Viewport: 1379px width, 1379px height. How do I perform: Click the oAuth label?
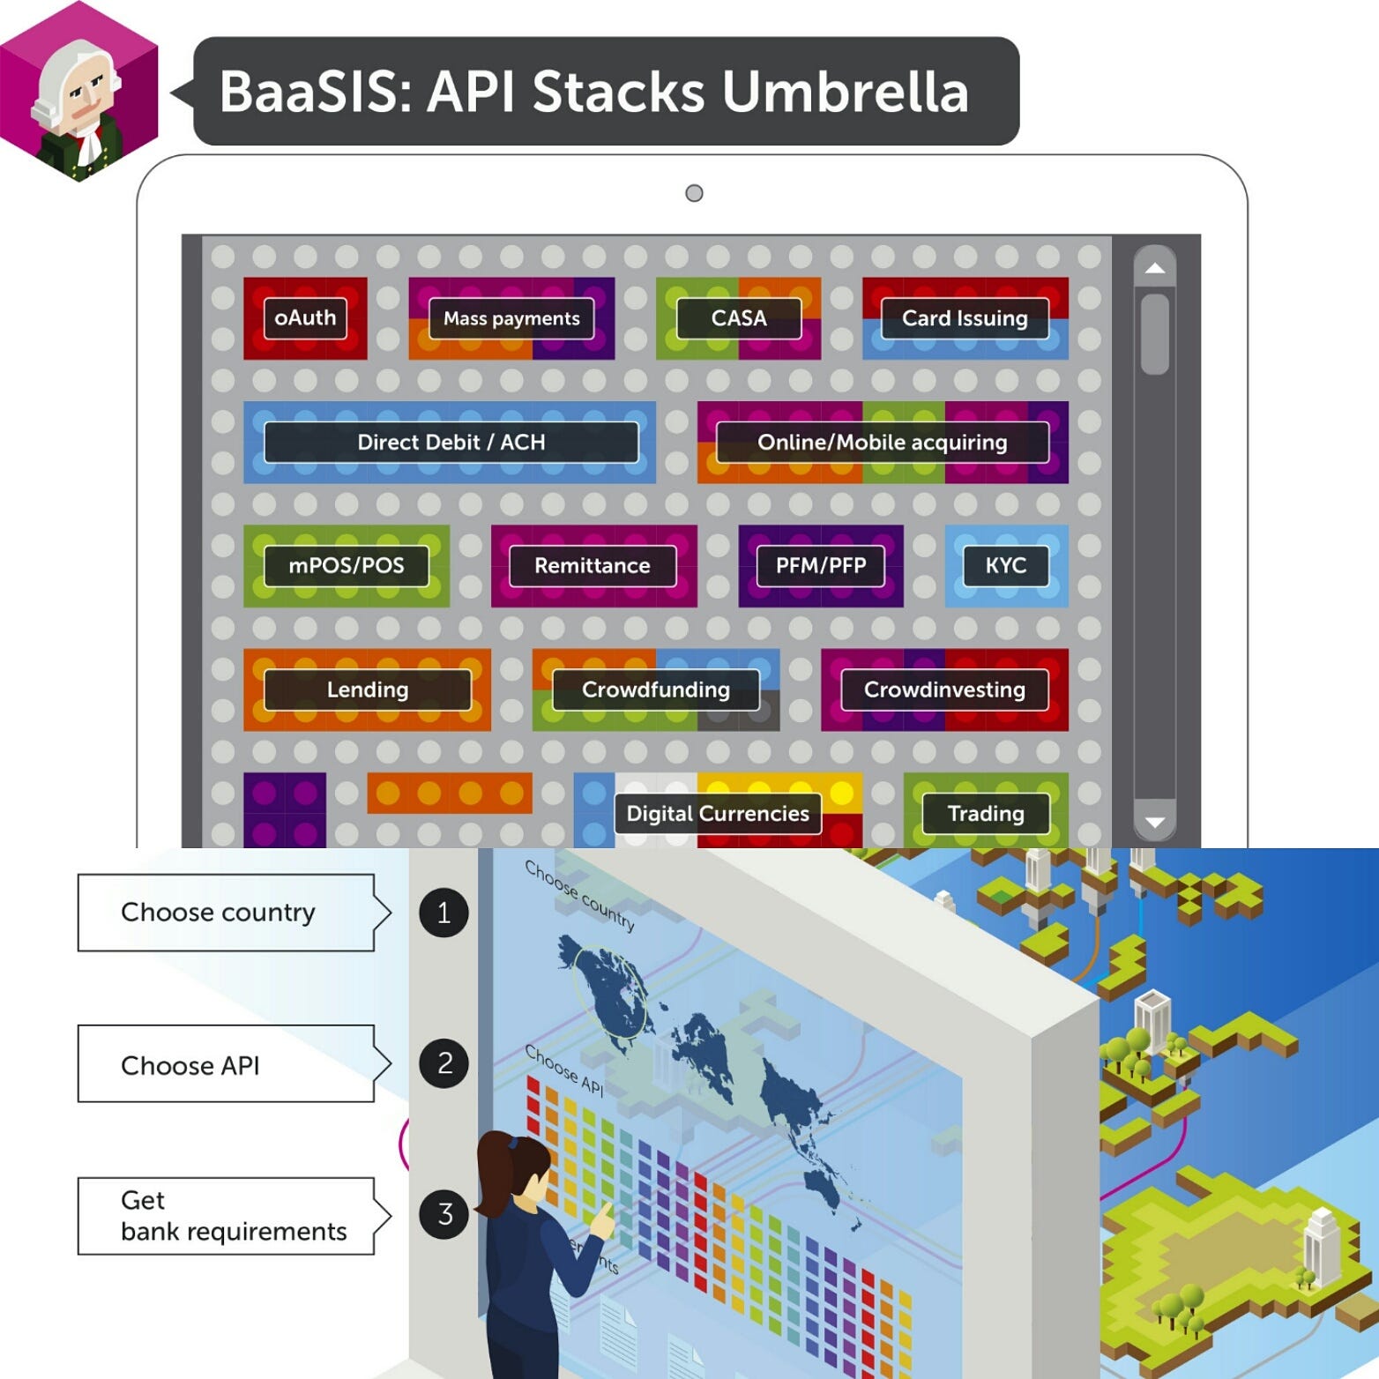click(x=305, y=318)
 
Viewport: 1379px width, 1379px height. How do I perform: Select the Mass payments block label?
click(x=511, y=318)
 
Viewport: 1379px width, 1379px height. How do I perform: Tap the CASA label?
click(x=739, y=318)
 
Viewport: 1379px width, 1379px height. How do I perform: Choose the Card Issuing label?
click(x=965, y=318)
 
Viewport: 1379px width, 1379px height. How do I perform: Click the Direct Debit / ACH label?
click(x=451, y=442)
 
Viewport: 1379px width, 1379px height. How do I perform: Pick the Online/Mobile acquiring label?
click(x=882, y=442)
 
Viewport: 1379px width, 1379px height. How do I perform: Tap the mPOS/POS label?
click(x=347, y=565)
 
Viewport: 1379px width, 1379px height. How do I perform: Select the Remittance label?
click(x=593, y=565)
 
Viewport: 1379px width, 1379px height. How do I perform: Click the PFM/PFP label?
click(x=821, y=565)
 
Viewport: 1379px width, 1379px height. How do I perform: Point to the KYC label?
click(x=1006, y=565)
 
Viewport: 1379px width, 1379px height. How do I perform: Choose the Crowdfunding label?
click(x=655, y=689)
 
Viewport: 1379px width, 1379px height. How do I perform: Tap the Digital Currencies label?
click(x=718, y=813)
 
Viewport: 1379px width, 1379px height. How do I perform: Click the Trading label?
click(x=986, y=813)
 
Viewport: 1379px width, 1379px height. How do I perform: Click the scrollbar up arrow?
click(x=1154, y=269)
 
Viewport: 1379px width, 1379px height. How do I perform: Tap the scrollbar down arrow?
click(x=1154, y=823)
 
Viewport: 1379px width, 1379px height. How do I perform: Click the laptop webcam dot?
click(x=694, y=193)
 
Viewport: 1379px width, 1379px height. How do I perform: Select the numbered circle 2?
click(x=444, y=1063)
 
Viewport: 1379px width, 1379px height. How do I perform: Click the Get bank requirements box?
click(x=227, y=1216)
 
